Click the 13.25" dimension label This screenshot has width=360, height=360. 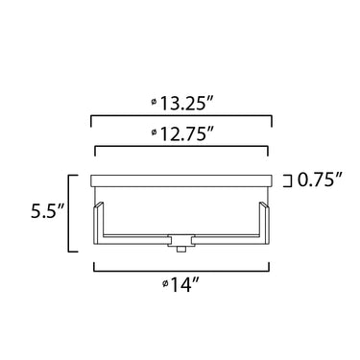[186, 104]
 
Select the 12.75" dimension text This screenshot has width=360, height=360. [186, 133]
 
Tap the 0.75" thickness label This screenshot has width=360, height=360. [320, 180]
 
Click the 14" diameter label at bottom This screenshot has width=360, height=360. [185, 284]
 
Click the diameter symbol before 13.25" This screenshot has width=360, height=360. [154, 102]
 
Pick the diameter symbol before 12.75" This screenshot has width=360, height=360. [154, 132]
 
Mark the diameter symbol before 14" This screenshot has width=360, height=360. [165, 283]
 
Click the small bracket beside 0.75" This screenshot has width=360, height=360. [291, 180]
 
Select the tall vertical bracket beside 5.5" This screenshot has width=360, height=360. [69, 213]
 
